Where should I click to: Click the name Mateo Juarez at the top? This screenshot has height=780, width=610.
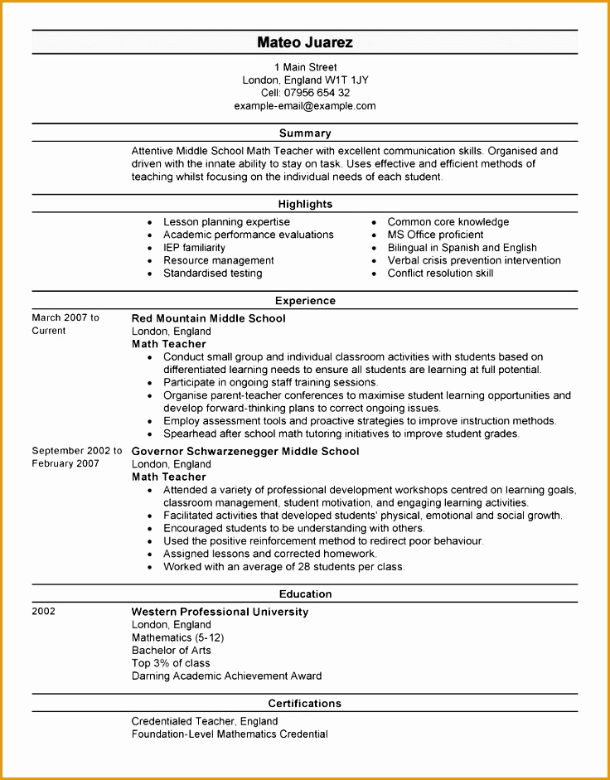coord(305,42)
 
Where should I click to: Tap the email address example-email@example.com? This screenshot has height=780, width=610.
coord(305,106)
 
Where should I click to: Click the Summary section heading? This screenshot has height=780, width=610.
coord(305,133)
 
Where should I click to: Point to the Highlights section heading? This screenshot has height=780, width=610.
coord(305,204)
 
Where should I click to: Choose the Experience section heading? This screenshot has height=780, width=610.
coord(305,301)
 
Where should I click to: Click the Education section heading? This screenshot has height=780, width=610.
coord(305,594)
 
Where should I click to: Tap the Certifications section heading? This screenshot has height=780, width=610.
coord(305,704)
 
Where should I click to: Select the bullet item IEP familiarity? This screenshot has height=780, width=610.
coord(194,248)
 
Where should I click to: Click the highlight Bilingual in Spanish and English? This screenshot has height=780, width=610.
coord(462,248)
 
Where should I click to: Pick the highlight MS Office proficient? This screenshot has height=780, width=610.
coord(435,235)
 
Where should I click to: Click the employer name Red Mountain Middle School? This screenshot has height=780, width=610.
coord(208,318)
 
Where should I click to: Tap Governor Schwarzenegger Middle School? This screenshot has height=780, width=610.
coord(245,452)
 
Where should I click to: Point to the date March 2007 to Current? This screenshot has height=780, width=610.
coord(65,324)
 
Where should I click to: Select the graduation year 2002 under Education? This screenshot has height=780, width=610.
coord(44,612)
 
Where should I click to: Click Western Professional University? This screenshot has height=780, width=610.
coord(220,612)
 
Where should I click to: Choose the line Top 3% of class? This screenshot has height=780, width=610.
coord(171,663)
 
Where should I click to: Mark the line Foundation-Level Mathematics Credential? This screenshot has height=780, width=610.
coord(230,734)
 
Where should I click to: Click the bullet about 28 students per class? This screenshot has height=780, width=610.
coord(283,567)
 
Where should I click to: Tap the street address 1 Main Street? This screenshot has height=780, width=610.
coord(305,67)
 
